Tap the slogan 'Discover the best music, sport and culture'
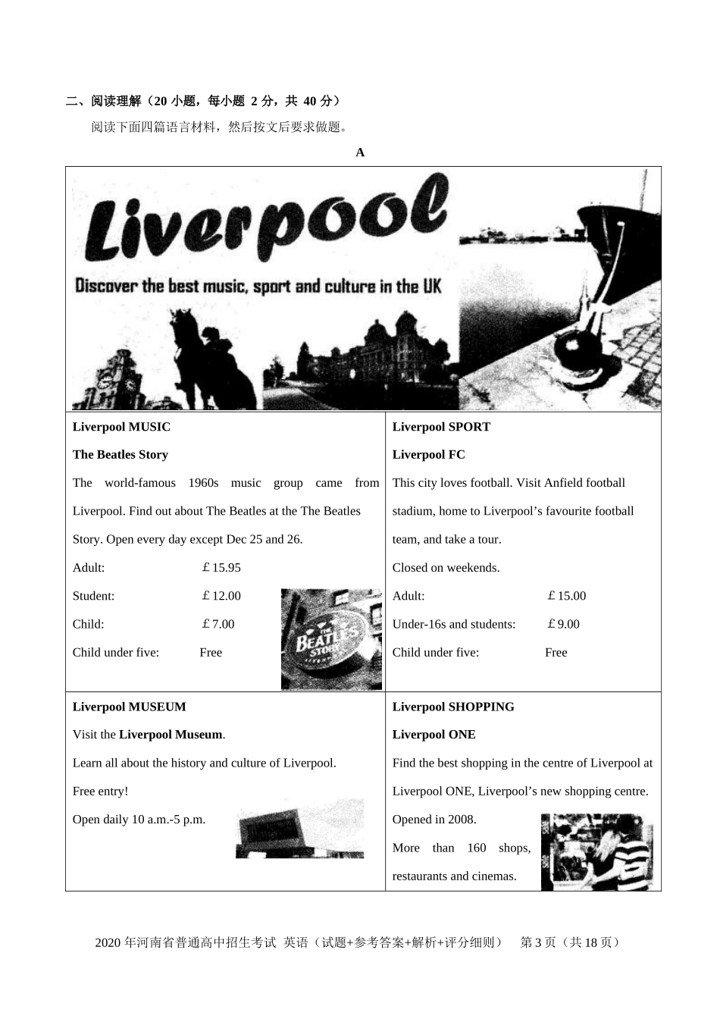258,287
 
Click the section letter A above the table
360,152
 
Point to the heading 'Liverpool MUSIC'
121,427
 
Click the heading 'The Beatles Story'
121,455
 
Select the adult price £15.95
221,568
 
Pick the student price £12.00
221,596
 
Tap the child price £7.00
218,624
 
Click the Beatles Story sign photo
331,639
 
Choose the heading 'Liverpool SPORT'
441,427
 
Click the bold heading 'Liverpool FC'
429,455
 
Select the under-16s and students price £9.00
563,624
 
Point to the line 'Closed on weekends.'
446,568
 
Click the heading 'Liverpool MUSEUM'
129,707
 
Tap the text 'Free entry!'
101,792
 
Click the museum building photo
299,829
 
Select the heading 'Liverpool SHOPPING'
453,707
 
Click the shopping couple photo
596,851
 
